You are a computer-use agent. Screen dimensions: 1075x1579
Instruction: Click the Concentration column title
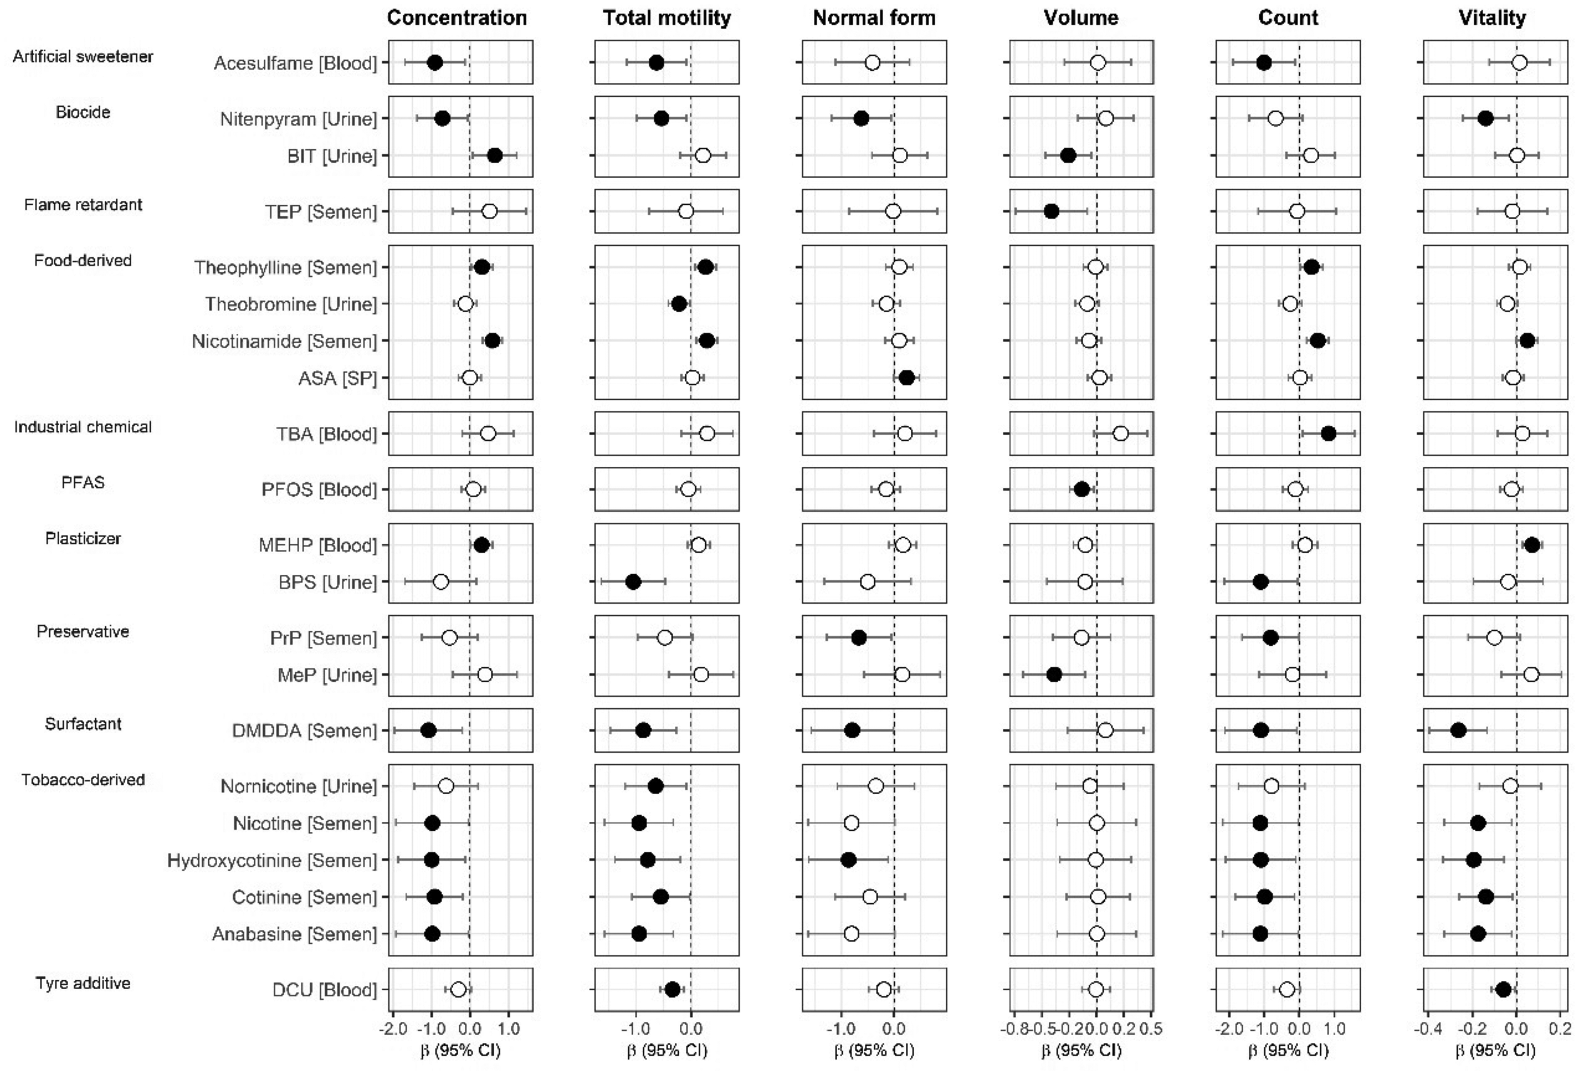tap(457, 18)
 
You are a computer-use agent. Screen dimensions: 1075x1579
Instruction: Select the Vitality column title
tap(1492, 18)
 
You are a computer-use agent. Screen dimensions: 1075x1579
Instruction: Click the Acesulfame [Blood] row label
tap(295, 63)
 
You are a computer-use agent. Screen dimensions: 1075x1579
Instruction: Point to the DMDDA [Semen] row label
tap(304, 731)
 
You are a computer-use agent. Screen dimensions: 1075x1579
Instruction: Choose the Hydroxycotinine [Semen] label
tap(272, 861)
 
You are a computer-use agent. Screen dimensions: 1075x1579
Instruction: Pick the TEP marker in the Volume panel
tap(1051, 211)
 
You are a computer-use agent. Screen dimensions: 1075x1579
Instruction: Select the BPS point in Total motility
tap(632, 582)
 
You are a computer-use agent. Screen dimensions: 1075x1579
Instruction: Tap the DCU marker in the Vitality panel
tap(1504, 990)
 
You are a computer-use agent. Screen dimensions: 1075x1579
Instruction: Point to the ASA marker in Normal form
tap(906, 378)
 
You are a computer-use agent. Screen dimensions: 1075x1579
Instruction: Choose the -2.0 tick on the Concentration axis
tap(393, 1029)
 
